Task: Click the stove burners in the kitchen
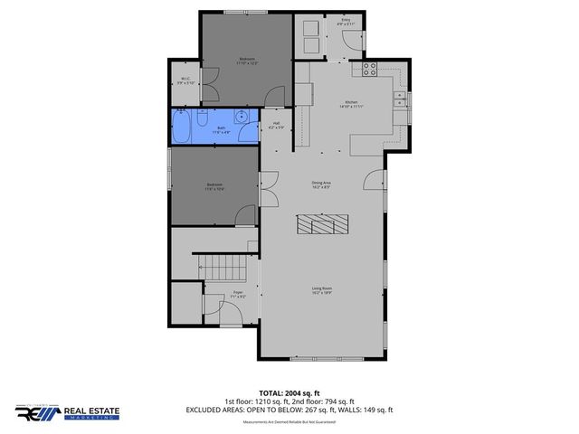tap(369, 67)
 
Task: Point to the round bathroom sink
tap(242, 116)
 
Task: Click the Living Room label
tap(322, 290)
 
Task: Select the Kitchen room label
tap(352, 103)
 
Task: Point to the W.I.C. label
tap(184, 80)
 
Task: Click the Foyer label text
tap(238, 293)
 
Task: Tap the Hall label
tap(276, 125)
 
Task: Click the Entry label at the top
tap(345, 20)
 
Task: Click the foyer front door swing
tap(232, 314)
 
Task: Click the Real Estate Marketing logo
tap(67, 413)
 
